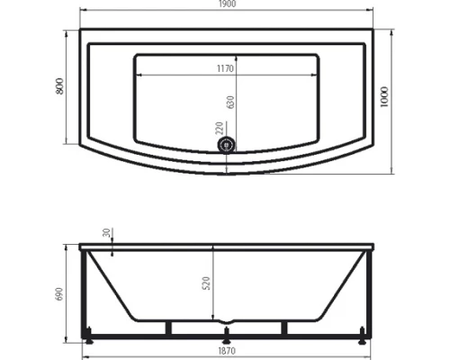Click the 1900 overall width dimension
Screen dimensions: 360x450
pyautogui.click(x=225, y=5)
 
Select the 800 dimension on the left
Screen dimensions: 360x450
pyautogui.click(x=59, y=87)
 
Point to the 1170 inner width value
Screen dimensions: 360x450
pyautogui.click(x=225, y=68)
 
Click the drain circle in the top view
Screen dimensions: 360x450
pyautogui.click(x=226, y=142)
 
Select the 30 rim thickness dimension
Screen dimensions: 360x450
pyautogui.click(x=108, y=234)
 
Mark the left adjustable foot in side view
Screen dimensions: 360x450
pyautogui.click(x=88, y=342)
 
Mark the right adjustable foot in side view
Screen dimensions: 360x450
pyautogui.click(x=362, y=342)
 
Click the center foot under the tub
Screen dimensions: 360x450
pyautogui.click(x=225, y=342)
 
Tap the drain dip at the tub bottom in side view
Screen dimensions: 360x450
pyautogui.click(x=225, y=319)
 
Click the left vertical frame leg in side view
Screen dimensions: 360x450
pyautogui.click(x=87, y=292)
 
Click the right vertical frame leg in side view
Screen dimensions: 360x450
pyautogui.click(x=363, y=292)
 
